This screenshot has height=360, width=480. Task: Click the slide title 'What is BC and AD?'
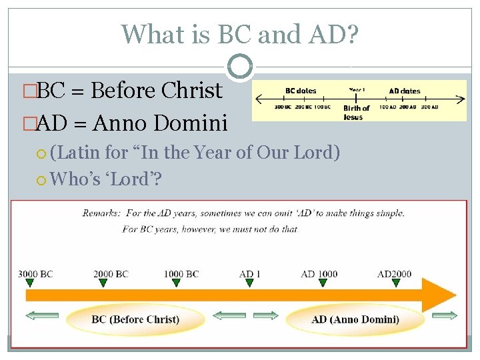(x=240, y=33)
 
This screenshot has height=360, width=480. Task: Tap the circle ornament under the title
(x=240, y=66)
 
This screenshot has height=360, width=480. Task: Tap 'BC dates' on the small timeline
(x=301, y=91)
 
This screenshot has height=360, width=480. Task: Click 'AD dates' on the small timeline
(x=404, y=91)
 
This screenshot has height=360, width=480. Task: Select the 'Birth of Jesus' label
(x=356, y=112)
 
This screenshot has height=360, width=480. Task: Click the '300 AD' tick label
(x=430, y=107)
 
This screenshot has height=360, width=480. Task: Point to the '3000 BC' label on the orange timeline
(x=36, y=274)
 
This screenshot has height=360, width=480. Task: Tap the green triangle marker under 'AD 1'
(x=249, y=283)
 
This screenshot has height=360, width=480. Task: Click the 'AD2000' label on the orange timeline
(x=395, y=274)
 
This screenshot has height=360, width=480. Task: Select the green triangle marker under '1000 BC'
(x=176, y=283)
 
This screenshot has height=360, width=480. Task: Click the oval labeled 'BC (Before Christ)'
(x=135, y=319)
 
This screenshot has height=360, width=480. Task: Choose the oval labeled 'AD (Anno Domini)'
(x=355, y=319)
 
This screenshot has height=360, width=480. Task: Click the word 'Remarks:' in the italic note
(x=103, y=213)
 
